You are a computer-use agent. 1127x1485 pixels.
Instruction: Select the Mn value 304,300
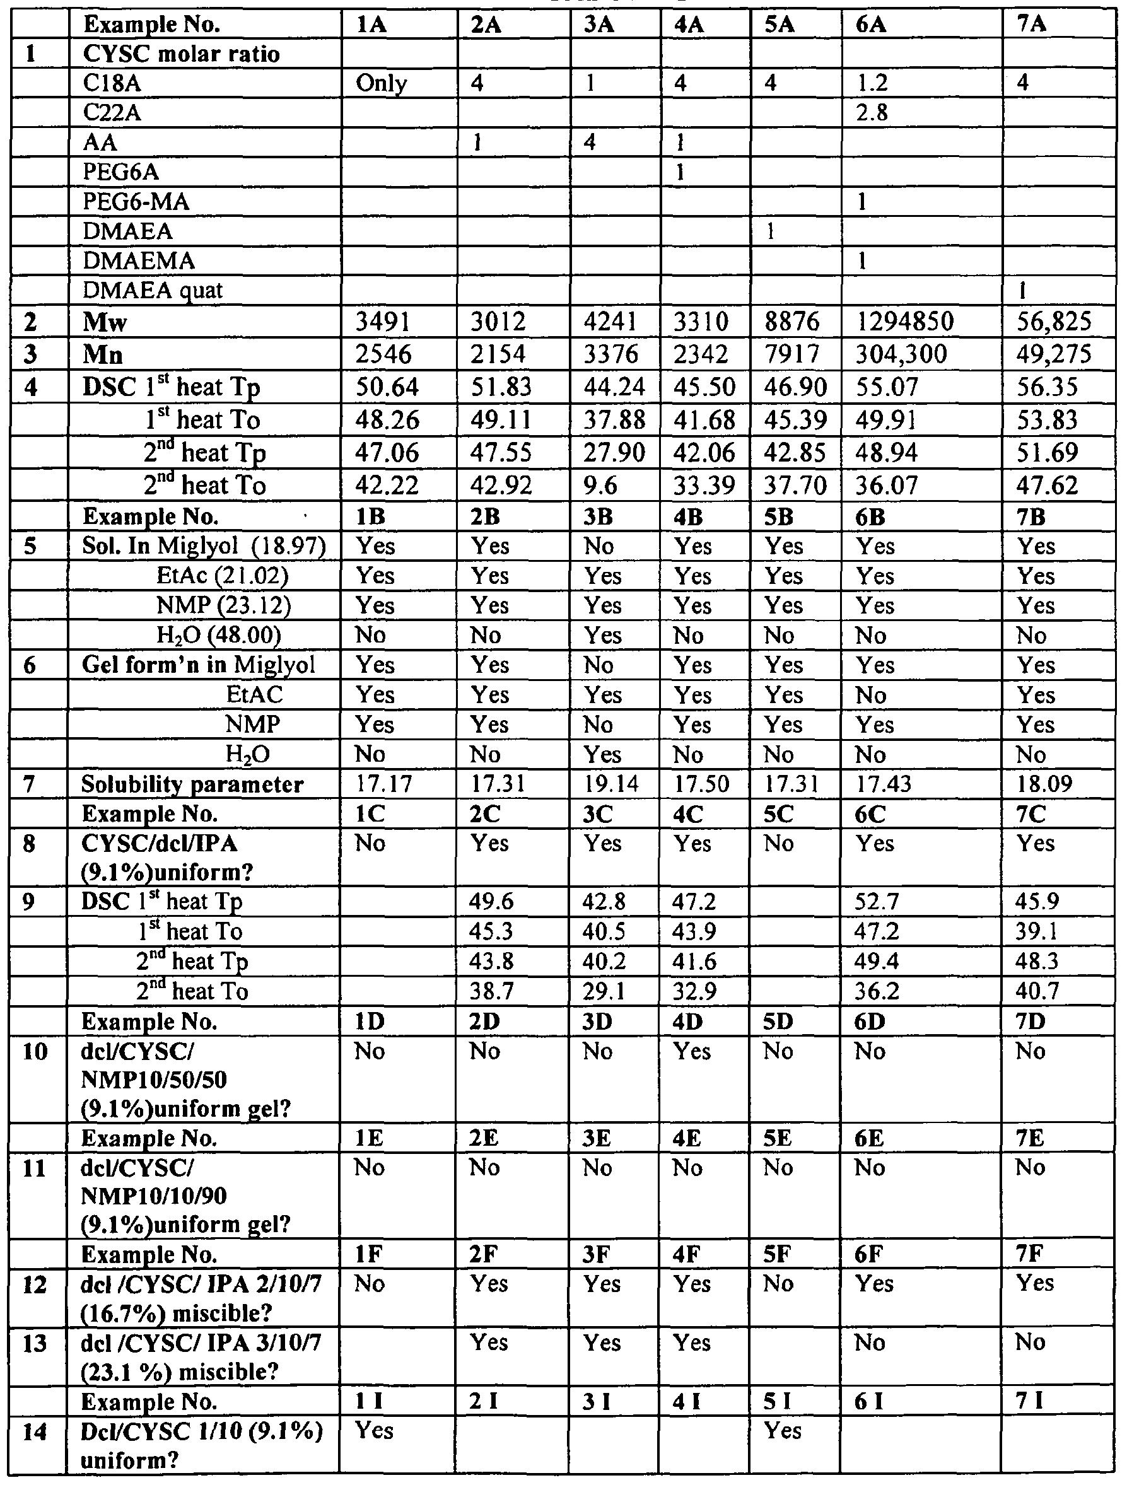pos(901,354)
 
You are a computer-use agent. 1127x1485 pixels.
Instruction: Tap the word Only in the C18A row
pos(381,83)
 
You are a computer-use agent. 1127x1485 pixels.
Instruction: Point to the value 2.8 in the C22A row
pos(872,113)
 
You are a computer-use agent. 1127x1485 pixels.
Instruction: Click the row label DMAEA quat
pos(153,291)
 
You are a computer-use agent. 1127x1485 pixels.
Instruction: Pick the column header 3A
pos(599,25)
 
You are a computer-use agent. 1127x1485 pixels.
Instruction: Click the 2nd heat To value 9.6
pos(600,486)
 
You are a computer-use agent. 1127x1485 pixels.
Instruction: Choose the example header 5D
pos(779,1022)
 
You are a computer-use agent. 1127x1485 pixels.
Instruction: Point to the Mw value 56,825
pos(1053,322)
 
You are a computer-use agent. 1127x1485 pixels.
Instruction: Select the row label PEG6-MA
pos(136,201)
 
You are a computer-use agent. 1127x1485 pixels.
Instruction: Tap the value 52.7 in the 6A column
pos(877,901)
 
